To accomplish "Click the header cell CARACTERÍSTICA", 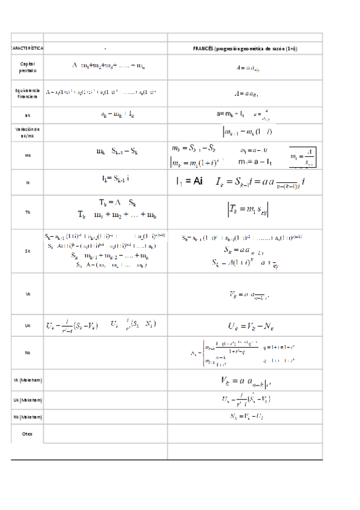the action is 27,48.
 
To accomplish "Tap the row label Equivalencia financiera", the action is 27,93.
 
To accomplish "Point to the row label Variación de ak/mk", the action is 27,132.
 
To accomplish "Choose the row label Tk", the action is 27,212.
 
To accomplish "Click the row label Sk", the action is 27,251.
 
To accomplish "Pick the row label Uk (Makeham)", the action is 27,399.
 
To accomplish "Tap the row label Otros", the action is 27,433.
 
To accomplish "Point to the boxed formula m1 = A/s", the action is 302,157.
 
